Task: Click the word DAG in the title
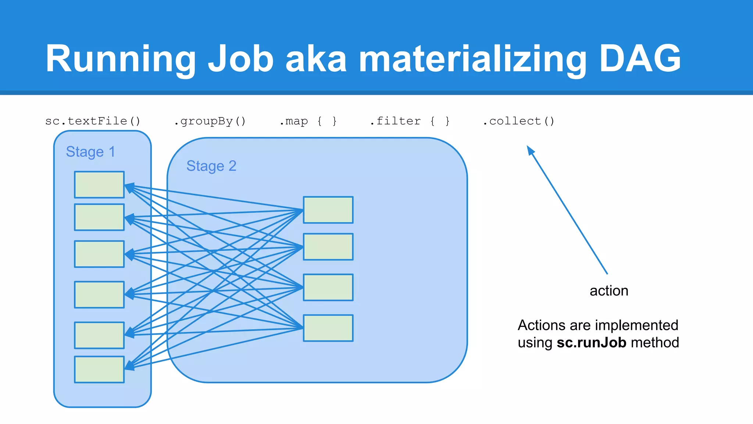point(640,58)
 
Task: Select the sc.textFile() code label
point(93,121)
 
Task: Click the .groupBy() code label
point(210,121)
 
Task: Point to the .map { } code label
point(308,121)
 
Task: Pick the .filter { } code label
point(410,121)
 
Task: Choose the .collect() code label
point(518,121)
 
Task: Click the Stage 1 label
point(90,152)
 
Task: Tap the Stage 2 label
point(211,166)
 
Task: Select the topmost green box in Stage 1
point(99,185)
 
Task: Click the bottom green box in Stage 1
point(99,370)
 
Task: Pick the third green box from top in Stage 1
point(99,254)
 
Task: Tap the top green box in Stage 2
point(328,210)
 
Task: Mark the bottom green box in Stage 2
point(328,328)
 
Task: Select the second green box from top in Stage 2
point(328,247)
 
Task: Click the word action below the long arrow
point(609,291)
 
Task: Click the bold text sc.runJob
point(591,343)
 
